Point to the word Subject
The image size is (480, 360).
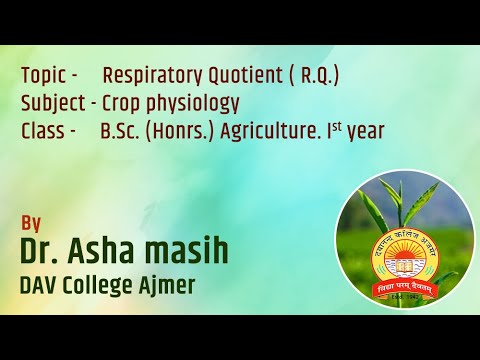(x=53, y=103)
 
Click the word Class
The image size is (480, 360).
(x=42, y=130)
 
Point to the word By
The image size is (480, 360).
(x=31, y=223)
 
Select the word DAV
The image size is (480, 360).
(x=41, y=287)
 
